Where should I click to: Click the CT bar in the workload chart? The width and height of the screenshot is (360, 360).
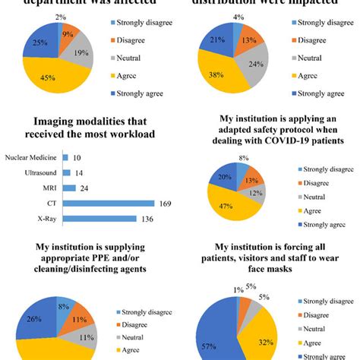[106, 204]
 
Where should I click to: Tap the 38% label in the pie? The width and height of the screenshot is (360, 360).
[216, 75]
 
